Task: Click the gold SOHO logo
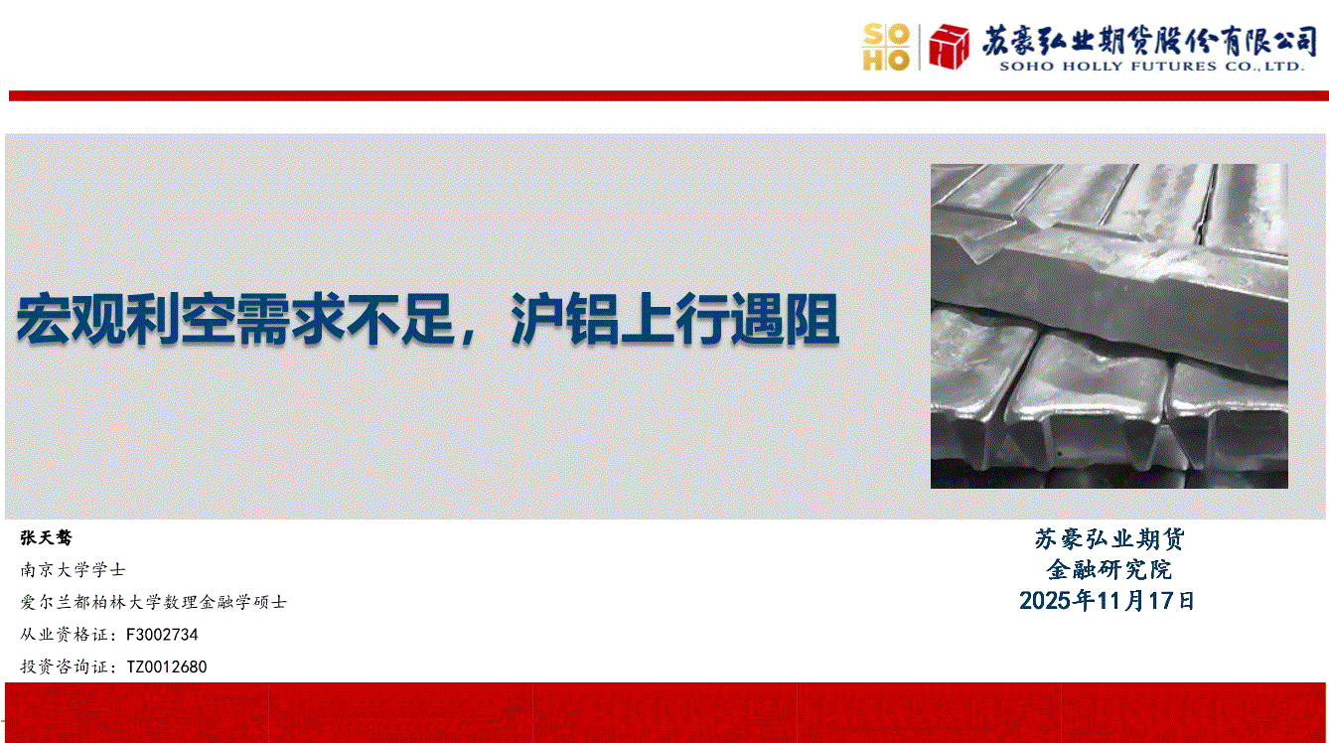pos(886,48)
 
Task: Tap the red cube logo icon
pos(949,47)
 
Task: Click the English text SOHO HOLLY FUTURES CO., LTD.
pos(1151,66)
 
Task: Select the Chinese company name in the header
pos(1149,41)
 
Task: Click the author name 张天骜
pos(47,537)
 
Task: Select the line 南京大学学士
pos(73,570)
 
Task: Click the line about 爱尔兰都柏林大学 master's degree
pos(154,602)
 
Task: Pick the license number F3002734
pos(162,635)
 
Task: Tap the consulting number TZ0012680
pos(167,667)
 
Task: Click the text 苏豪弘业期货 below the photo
pos(1108,538)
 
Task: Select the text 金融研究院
pos(1108,570)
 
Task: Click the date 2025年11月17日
pos(1107,601)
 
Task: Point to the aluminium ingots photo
pos(1108,327)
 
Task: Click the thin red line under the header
pos(668,96)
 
